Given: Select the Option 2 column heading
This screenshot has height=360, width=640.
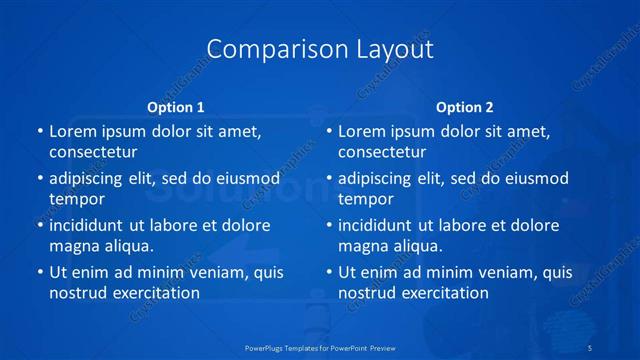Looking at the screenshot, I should [x=465, y=107].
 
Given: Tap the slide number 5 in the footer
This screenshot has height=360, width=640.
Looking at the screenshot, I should [x=591, y=347].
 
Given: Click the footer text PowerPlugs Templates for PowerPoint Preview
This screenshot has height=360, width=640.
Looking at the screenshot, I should [x=320, y=347].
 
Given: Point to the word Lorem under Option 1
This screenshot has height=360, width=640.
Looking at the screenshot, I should [x=72, y=131].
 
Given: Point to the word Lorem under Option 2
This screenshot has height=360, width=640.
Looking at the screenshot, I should [x=362, y=131].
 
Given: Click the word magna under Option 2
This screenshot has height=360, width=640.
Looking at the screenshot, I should [x=362, y=246].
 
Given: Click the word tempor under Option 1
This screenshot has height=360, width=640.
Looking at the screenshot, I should [x=77, y=199].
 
